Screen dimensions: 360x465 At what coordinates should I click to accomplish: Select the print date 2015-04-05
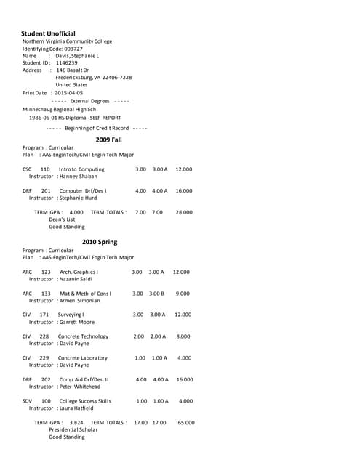(x=69, y=93)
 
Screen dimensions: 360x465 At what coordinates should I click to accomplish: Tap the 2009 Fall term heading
(x=108, y=139)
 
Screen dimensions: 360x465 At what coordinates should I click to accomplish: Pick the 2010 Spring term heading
(x=100, y=242)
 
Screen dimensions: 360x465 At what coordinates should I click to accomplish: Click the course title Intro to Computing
(x=81, y=169)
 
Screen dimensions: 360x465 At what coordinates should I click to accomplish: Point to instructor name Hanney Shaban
(x=77, y=177)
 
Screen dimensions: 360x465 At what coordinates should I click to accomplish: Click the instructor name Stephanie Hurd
(x=78, y=198)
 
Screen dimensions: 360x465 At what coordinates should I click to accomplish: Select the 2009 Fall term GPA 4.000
(x=76, y=212)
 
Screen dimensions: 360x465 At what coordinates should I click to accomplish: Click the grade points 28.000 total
(x=184, y=212)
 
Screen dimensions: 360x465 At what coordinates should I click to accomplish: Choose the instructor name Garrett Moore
(x=76, y=322)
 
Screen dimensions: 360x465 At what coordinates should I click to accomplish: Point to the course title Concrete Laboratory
(x=83, y=357)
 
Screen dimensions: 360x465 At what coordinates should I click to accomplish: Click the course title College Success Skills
(x=85, y=401)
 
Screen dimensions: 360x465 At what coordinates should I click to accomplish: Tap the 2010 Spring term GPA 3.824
(x=76, y=422)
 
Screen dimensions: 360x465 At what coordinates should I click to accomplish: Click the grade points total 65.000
(x=186, y=422)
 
